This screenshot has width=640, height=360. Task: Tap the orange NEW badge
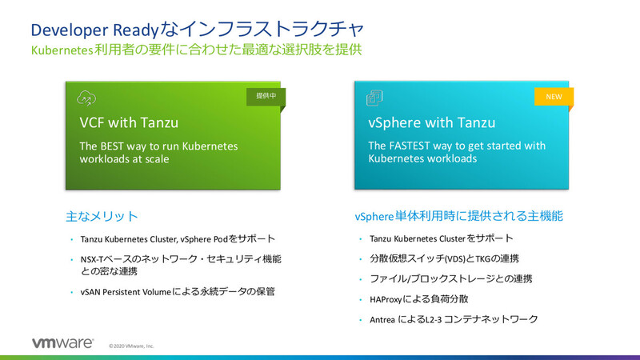click(x=554, y=97)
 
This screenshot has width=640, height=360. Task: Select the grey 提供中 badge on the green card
click(x=266, y=97)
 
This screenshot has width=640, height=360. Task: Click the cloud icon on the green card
click(x=86, y=98)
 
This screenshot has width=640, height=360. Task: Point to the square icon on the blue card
click(x=374, y=98)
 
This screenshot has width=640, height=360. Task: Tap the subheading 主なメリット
click(x=101, y=217)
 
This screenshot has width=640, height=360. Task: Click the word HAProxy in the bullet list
click(x=389, y=298)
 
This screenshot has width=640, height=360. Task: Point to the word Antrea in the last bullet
click(x=382, y=319)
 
